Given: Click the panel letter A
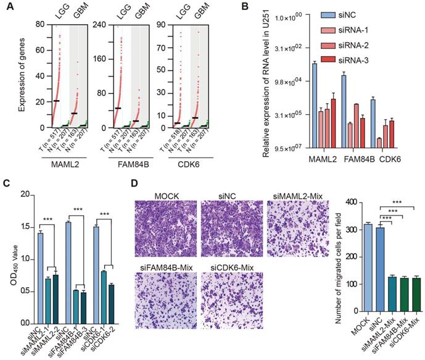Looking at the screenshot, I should (x=6, y=7).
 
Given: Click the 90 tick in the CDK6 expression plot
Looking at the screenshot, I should (x=170, y=25).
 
